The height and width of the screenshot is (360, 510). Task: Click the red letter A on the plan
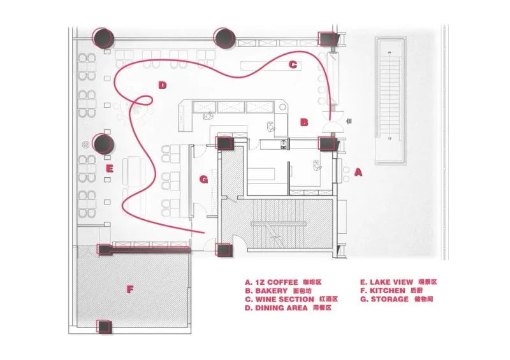358,172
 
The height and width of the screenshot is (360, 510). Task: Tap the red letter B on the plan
304,122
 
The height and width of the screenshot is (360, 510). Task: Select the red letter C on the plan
293,64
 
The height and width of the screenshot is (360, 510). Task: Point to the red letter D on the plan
163,85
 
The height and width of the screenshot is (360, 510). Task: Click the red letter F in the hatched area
130,289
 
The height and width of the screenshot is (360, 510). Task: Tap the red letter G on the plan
204,180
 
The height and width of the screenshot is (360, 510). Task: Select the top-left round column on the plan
102,38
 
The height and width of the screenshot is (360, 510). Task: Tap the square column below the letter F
104,328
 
